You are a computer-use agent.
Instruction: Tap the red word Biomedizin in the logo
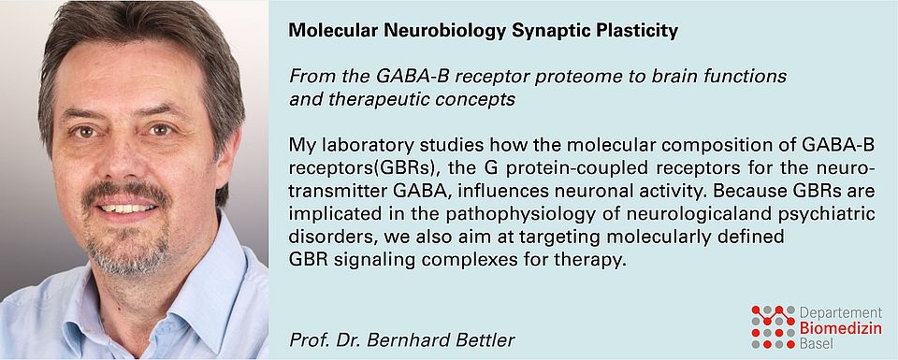(x=840, y=328)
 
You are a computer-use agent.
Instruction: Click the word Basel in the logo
(x=818, y=344)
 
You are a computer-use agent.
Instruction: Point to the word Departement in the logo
(x=840, y=313)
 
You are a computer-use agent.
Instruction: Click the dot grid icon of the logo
(x=774, y=327)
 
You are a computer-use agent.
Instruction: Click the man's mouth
(x=127, y=207)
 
